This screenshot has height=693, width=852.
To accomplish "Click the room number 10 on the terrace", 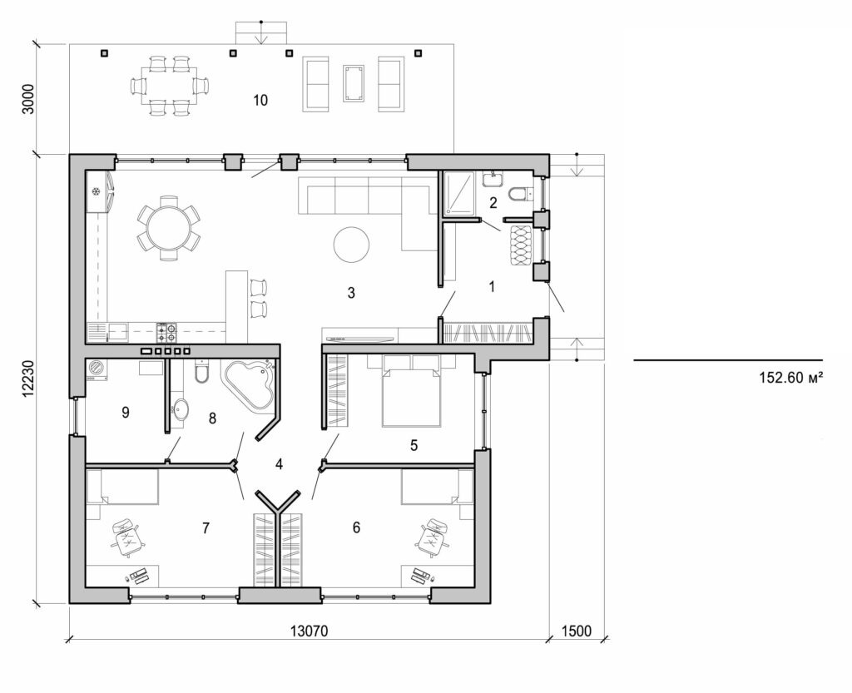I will [260, 101].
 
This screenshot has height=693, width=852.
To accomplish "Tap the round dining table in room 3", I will [168, 228].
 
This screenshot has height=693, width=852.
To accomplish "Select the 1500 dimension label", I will [575, 631].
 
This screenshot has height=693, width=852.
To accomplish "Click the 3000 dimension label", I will [27, 98].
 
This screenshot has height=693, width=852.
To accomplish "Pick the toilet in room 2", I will [518, 195].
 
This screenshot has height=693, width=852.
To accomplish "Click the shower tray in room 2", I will [458, 194].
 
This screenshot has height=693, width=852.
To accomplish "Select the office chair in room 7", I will [126, 536].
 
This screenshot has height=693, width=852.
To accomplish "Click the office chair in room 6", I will [433, 536].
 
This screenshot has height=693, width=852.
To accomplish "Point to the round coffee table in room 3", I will [352, 244].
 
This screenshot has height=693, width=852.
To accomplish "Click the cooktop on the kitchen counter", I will [167, 333].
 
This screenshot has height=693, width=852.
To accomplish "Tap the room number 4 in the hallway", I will [280, 463].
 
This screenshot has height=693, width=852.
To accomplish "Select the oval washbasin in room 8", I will [182, 408].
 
